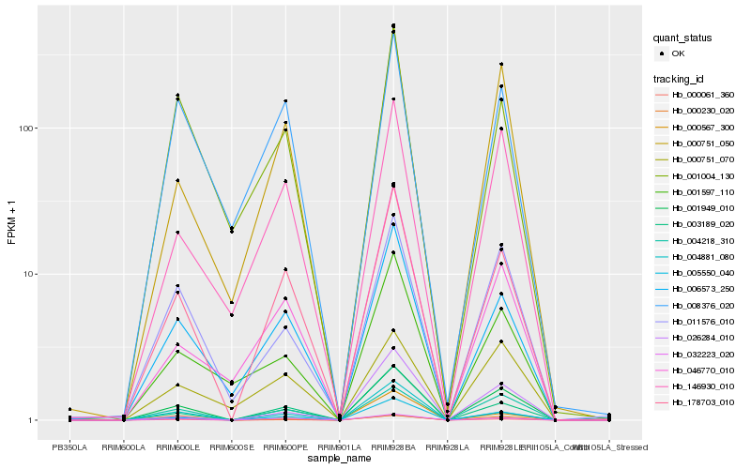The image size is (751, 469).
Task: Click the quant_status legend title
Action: coord(683,38)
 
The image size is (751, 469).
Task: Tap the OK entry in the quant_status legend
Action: coord(678,53)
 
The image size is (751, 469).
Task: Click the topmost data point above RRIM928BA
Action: coord(393,25)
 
